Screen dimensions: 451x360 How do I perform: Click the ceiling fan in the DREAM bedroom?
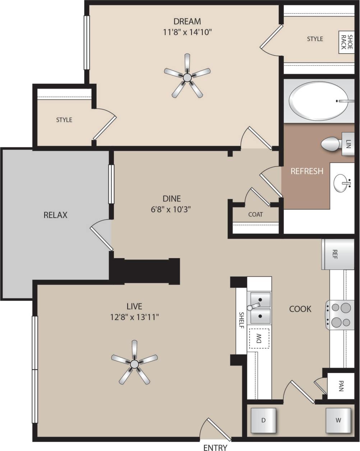coord(187,77)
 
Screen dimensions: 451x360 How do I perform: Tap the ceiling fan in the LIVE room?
coord(134,363)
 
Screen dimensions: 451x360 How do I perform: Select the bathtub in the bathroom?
coord(318,101)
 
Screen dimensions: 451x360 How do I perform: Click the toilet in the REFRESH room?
coord(331,144)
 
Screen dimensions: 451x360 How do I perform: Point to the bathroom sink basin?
coord(342,183)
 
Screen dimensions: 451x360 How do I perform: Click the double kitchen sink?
coord(260,307)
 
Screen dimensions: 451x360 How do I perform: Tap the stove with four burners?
coord(340,315)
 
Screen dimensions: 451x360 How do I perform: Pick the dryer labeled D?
coord(263,420)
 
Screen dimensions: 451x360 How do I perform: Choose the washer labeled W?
coord(338,420)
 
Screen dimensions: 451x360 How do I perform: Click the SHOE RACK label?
coord(346,42)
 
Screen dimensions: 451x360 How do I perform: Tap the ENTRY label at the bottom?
coord(215,447)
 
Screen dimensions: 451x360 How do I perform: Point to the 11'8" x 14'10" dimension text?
coord(187,32)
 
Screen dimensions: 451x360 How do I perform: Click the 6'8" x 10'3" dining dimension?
coord(171,209)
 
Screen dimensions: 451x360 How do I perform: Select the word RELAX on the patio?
coord(55,215)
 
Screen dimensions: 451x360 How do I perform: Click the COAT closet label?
coord(255,214)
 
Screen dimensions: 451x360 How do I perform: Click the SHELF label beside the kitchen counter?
coord(241,320)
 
